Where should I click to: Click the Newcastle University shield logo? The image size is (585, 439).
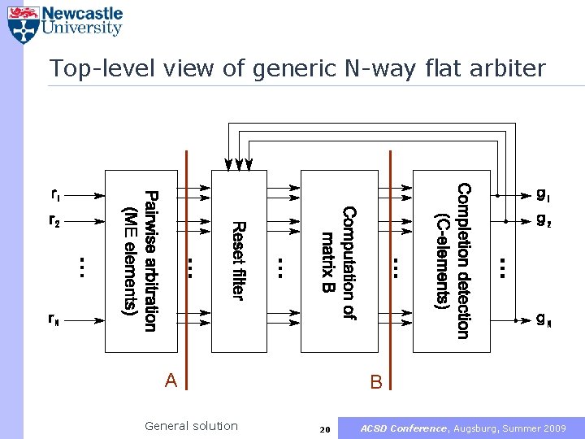(x=23, y=25)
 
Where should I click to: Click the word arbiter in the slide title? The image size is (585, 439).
(x=511, y=68)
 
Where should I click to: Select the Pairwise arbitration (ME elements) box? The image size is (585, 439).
(x=141, y=260)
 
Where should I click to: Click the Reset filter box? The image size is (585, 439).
(x=239, y=260)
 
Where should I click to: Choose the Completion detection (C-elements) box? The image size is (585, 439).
(x=452, y=260)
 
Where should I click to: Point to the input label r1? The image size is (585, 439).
(x=55, y=195)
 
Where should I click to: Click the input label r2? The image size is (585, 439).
(x=54, y=220)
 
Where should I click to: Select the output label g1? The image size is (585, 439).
(x=543, y=195)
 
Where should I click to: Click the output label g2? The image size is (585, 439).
(x=543, y=220)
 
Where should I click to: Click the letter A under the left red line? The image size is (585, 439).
(x=171, y=380)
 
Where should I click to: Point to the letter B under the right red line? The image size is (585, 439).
(x=376, y=381)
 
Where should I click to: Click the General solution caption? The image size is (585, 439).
(x=191, y=426)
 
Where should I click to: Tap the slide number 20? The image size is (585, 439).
(x=325, y=428)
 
